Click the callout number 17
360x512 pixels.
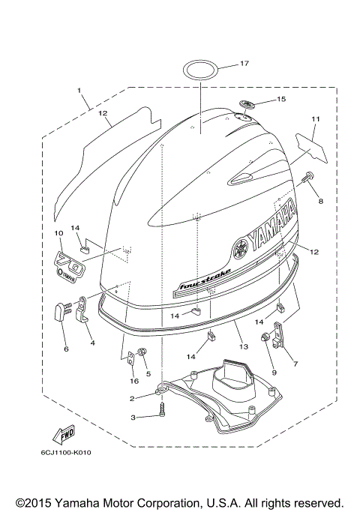245,64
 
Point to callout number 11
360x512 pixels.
316,119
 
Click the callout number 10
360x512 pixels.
58,234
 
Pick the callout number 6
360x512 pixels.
65,349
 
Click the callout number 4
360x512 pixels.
92,343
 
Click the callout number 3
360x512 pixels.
131,417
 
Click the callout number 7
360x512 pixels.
295,364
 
